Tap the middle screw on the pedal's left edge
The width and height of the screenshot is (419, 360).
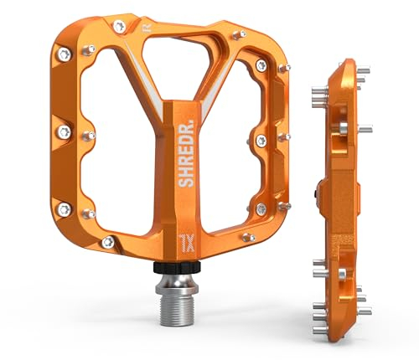coord(63,131)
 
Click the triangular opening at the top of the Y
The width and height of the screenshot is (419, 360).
coord(184,62)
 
